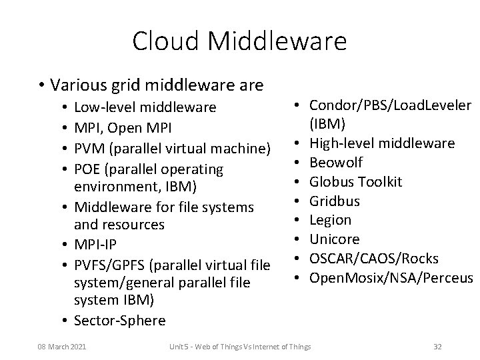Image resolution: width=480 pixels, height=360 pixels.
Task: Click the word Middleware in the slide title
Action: pyautogui.click(x=278, y=41)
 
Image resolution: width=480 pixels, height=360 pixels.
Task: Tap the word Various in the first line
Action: pyautogui.click(x=78, y=85)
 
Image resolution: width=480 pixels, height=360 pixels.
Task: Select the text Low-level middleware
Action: pyautogui.click(x=145, y=107)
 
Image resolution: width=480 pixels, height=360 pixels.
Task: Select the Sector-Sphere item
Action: pyautogui.click(x=120, y=321)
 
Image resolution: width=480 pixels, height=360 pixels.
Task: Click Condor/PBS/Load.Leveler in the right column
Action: pyautogui.click(x=391, y=105)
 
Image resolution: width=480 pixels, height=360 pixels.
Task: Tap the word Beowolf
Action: pyautogui.click(x=337, y=163)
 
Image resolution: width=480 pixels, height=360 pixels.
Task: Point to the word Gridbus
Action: pyautogui.click(x=335, y=201)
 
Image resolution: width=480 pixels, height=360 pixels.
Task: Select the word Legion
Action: pyautogui.click(x=331, y=220)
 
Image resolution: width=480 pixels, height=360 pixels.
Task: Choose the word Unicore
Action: pyautogui.click(x=335, y=239)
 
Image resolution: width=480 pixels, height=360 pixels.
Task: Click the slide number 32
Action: pyautogui.click(x=437, y=347)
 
